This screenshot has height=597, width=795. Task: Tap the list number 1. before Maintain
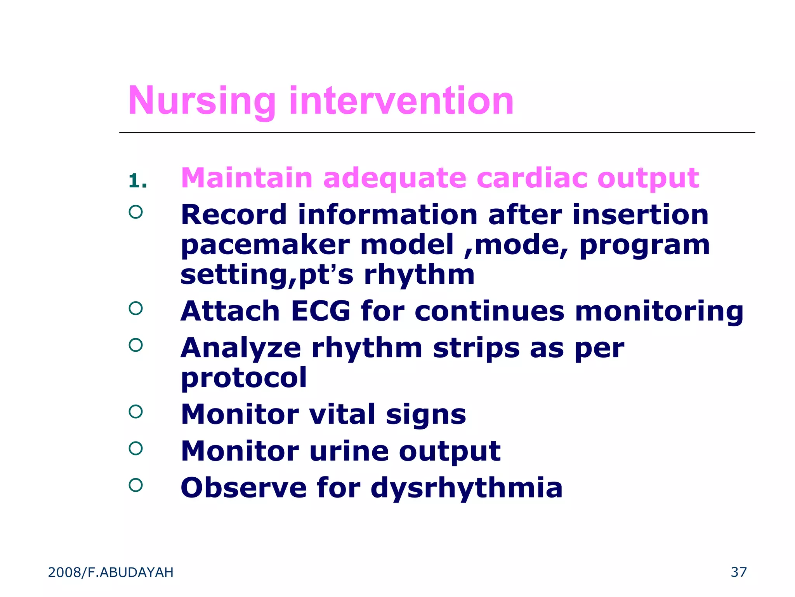138,181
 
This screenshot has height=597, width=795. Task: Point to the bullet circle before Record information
135,212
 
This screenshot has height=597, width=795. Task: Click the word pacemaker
266,245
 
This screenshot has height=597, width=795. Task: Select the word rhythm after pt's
419,275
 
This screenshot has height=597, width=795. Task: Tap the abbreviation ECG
321,311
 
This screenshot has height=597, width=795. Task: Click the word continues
489,311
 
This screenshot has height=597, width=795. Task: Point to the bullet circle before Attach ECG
135,308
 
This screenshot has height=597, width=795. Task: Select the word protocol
244,377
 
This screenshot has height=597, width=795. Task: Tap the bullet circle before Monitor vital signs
135,411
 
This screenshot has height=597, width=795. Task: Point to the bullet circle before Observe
135,485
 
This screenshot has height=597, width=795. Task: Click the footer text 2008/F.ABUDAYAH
111,573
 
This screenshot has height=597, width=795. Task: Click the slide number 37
738,572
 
